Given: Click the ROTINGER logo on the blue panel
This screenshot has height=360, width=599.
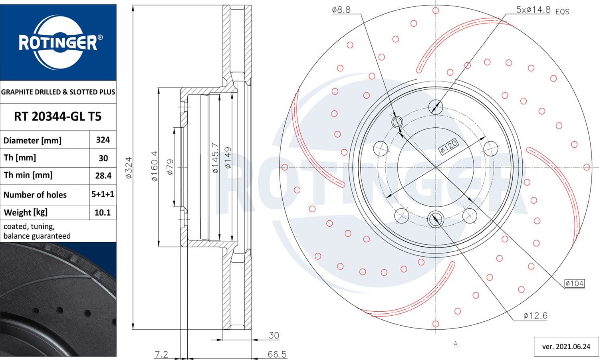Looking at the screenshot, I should point(58,42).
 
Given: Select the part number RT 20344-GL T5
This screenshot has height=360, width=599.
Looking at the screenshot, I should point(58,117).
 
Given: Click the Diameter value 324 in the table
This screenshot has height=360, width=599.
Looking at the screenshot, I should point(103,140).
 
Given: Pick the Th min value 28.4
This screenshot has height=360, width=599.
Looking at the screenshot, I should point(103,176).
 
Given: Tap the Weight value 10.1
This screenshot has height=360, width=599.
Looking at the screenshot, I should point(103,212).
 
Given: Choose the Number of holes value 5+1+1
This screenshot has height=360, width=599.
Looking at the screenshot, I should point(103,194).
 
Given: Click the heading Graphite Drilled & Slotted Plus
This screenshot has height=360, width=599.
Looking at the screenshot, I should point(58,92).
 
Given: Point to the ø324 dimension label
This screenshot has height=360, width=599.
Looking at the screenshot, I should point(129,168).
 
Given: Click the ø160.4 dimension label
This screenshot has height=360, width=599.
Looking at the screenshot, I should point(155,166).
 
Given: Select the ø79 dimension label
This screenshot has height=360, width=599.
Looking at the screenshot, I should point(170,167).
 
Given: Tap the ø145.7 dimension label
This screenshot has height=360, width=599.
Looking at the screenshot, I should point(215,158).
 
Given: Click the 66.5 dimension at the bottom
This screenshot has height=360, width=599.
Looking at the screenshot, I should point(277,354).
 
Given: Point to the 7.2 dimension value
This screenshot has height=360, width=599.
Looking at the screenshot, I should point(161,354).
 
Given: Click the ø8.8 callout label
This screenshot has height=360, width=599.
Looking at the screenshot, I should point(341,10).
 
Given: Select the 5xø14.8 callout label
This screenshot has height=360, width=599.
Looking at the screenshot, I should point(533,10).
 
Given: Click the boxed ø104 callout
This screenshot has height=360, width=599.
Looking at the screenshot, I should point(574,283).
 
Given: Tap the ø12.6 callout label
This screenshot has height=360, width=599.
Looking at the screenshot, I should point(535,316).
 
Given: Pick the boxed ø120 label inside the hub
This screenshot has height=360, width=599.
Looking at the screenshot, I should point(448,146).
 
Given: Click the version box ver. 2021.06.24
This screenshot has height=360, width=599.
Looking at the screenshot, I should point(566,346).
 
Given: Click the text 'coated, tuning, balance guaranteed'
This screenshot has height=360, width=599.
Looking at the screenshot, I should point(37,231).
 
